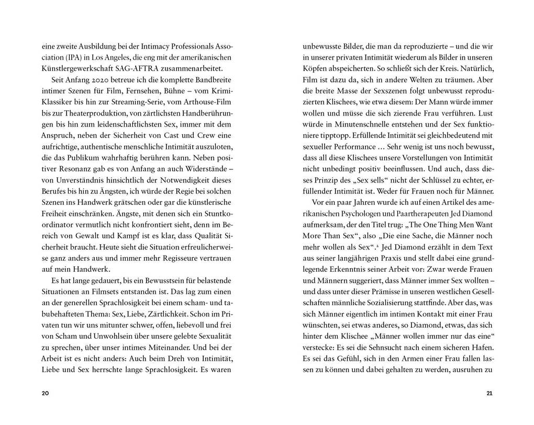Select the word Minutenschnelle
coord(366,126)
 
